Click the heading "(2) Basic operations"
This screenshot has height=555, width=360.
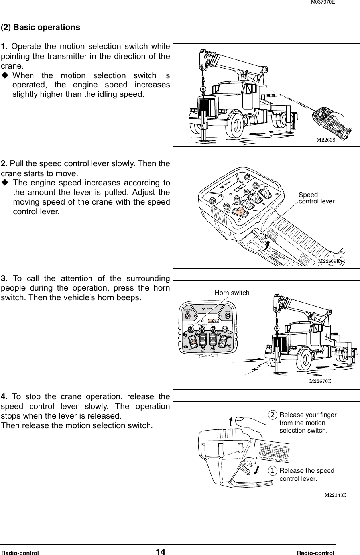coord(40,28)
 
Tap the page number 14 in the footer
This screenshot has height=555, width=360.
coord(161,552)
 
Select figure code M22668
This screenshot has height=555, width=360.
coord(325,140)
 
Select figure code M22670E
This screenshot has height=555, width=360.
coord(321,381)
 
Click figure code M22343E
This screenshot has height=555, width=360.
coord(334,495)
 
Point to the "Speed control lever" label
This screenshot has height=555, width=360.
coord(316,198)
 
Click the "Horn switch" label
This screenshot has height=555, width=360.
coord(232,293)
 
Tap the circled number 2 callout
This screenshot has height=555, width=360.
coord(273,415)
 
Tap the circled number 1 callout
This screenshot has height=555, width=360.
coord(273,471)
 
